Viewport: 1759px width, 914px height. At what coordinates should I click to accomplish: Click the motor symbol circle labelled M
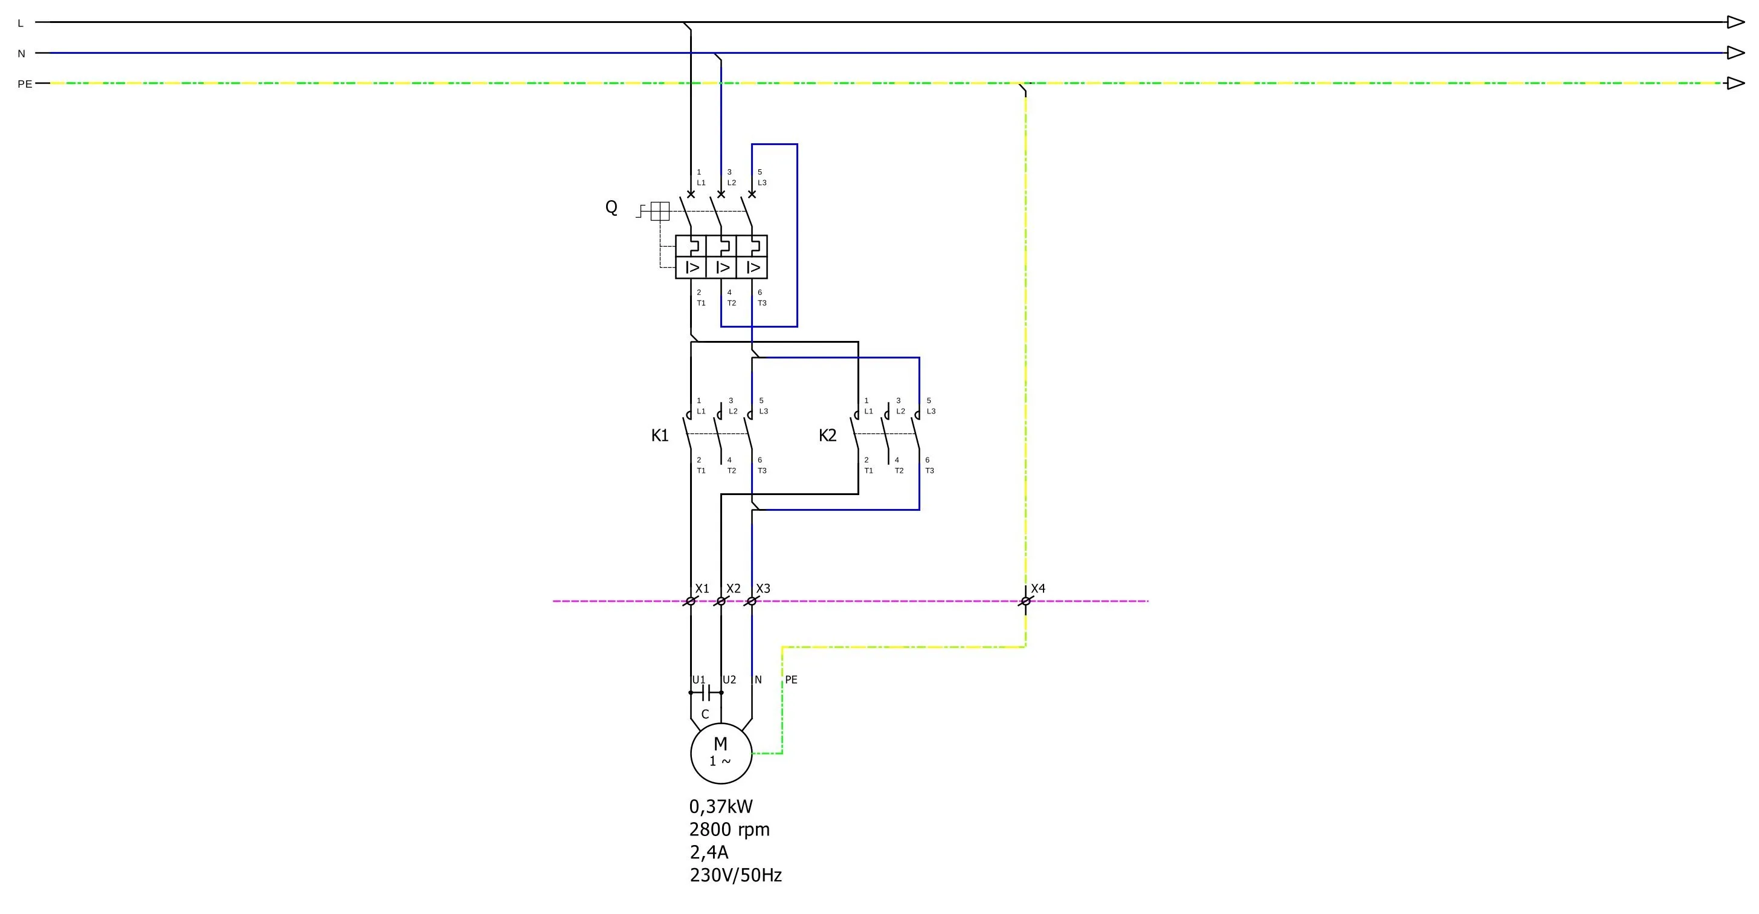721,753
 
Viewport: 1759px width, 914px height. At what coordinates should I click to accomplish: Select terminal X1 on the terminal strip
690,601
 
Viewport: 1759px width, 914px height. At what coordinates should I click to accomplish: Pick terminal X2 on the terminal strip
720,601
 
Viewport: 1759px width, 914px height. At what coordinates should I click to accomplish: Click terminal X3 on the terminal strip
751,601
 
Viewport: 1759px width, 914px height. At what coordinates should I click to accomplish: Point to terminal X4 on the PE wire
1025,601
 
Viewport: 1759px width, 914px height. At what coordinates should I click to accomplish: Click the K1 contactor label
660,436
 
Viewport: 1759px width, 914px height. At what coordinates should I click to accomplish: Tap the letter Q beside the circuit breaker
611,207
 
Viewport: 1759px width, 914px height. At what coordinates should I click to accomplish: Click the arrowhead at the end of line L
1735,22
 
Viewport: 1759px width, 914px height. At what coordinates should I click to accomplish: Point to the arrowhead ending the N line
1735,53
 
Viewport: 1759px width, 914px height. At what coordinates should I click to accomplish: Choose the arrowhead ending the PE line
1735,83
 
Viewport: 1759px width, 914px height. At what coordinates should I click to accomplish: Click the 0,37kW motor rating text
721,807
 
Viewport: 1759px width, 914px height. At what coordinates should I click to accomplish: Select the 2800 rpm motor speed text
729,830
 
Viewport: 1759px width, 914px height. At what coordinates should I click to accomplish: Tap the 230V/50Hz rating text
735,875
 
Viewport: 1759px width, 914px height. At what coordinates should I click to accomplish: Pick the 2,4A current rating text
709,852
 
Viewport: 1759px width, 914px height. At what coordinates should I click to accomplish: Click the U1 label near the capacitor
699,679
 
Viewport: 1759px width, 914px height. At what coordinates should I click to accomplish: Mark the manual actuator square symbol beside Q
660,211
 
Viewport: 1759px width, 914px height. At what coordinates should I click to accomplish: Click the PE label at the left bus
25,84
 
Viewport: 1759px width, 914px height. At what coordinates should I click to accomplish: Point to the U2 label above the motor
729,679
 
